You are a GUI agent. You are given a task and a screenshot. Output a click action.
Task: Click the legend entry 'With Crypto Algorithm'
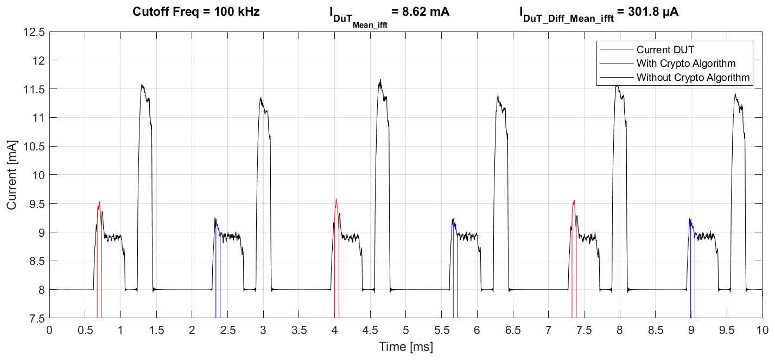(x=685, y=63)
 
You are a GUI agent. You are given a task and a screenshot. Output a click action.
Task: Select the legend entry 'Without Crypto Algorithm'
(x=693, y=78)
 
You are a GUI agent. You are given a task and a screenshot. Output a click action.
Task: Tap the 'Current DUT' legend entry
(x=665, y=49)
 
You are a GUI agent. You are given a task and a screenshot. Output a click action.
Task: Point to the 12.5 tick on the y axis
(x=34, y=31)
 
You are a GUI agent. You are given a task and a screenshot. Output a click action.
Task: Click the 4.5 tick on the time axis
(x=370, y=330)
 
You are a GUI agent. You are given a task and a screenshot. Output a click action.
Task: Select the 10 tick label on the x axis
(x=762, y=330)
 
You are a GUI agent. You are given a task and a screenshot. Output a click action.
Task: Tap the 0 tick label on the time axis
(x=49, y=330)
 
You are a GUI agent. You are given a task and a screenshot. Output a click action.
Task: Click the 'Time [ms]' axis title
(x=406, y=346)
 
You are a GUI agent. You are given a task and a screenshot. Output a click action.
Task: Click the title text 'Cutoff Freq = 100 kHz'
(x=196, y=11)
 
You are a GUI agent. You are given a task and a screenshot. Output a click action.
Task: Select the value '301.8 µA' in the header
(x=649, y=11)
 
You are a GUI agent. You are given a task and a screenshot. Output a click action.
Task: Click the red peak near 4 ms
(x=336, y=200)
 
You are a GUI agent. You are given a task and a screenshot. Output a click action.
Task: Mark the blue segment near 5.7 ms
(x=454, y=223)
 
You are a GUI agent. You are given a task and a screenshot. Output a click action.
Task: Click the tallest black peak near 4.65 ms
(x=380, y=80)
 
